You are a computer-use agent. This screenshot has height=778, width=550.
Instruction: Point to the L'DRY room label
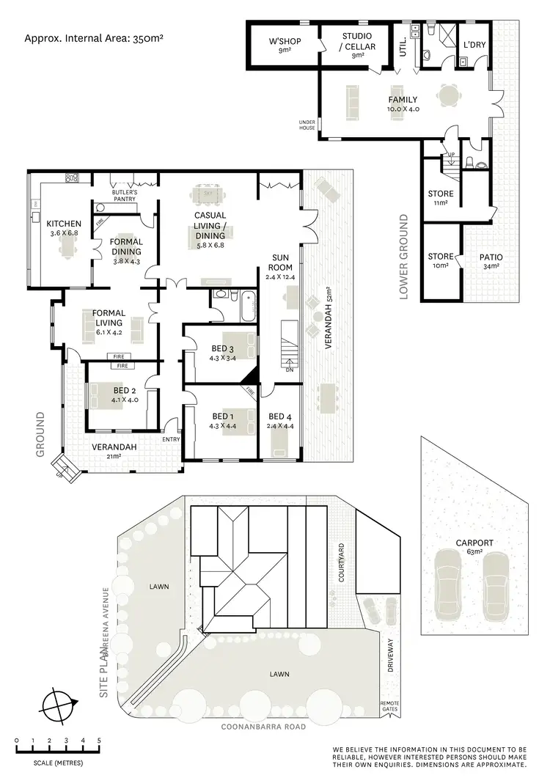[x=474, y=45]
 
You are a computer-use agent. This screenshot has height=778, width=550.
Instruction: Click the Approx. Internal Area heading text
[x=94, y=35]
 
